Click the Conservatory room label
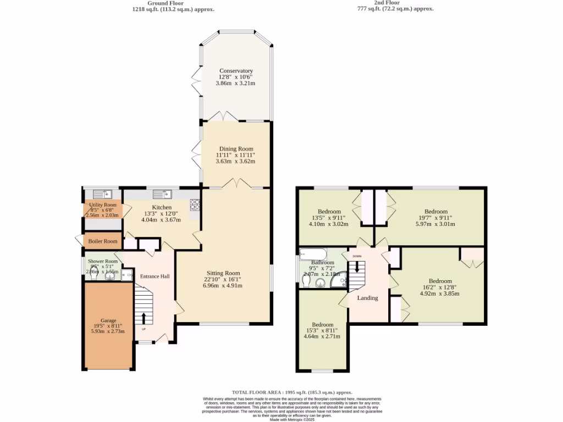click(x=236, y=71)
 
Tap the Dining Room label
click(x=235, y=149)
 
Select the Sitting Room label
click(x=223, y=273)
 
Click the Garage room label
click(x=108, y=320)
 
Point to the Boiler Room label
click(x=103, y=241)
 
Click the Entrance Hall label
click(x=154, y=276)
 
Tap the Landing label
click(x=367, y=298)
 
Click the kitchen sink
click(x=163, y=194)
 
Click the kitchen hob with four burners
click(x=195, y=205)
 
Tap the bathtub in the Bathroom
click(x=312, y=254)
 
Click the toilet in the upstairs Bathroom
click(x=306, y=281)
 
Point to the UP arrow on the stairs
click(x=144, y=318)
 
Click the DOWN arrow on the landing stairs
click(x=357, y=266)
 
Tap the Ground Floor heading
click(x=165, y=3)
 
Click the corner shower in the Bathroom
click(x=339, y=281)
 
